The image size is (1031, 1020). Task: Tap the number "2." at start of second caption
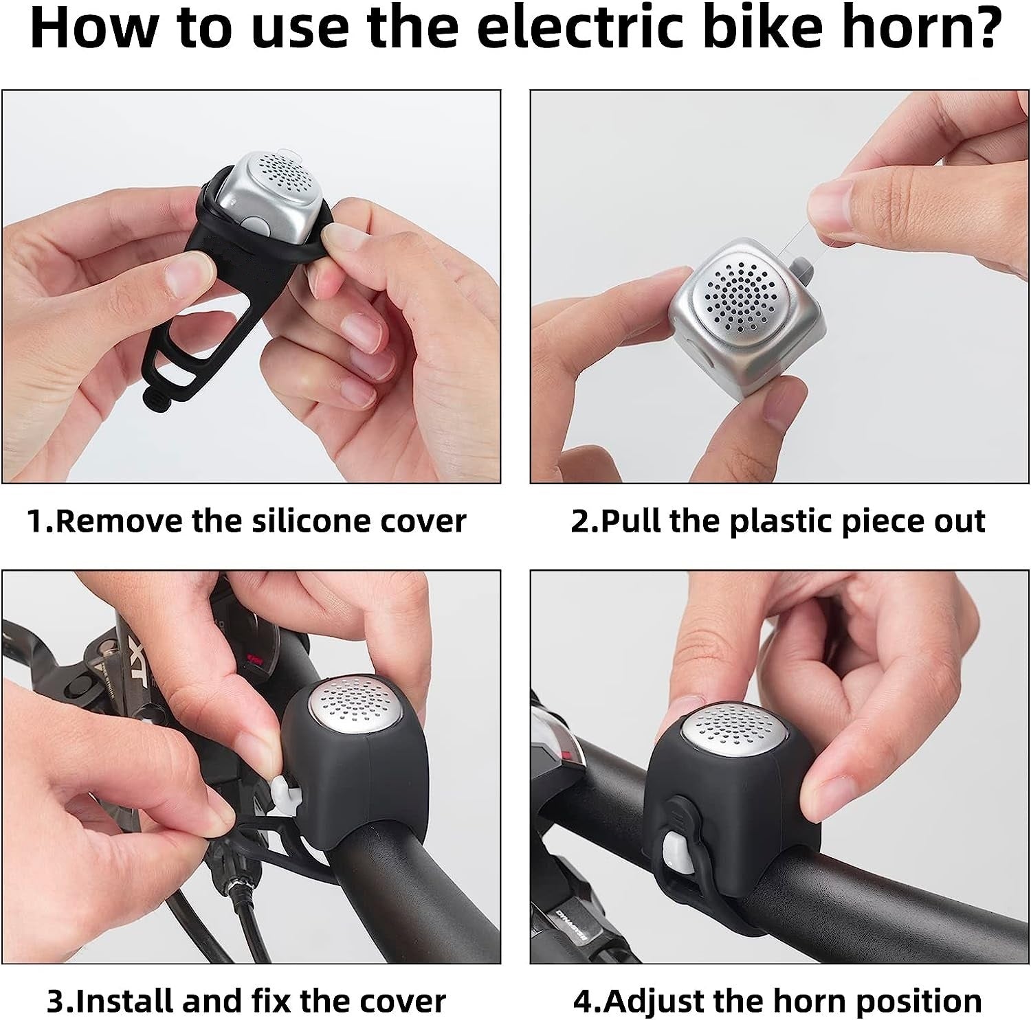[x=584, y=521]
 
